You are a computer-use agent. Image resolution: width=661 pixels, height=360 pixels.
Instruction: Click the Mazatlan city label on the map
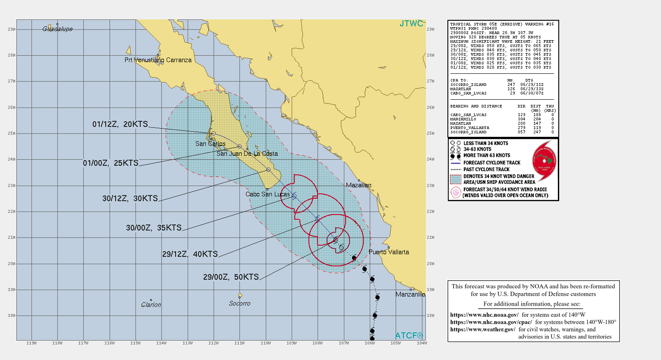click(x=359, y=185)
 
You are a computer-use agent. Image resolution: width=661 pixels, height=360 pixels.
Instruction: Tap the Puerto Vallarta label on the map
click(x=389, y=252)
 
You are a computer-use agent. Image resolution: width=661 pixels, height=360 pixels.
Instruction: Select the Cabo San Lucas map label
click(x=268, y=194)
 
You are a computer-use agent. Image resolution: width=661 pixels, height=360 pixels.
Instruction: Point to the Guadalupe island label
click(x=57, y=29)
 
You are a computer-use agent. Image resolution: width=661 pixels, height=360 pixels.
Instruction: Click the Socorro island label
click(x=239, y=303)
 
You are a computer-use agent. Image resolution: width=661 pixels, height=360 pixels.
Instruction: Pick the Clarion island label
click(x=151, y=305)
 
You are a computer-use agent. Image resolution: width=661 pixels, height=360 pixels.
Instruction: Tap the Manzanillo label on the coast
click(x=410, y=294)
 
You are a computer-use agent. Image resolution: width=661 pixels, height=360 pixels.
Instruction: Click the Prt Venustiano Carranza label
click(x=158, y=60)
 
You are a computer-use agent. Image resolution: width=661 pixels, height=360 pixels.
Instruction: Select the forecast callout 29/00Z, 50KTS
click(x=231, y=277)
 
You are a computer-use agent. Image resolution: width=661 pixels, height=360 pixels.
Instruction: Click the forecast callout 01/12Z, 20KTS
click(x=120, y=124)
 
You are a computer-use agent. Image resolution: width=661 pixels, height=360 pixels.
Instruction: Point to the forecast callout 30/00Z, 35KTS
click(x=154, y=228)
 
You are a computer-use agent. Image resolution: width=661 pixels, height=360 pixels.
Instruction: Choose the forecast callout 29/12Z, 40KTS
click(x=190, y=254)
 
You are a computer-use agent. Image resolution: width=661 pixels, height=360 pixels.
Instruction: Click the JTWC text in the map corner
click(x=411, y=24)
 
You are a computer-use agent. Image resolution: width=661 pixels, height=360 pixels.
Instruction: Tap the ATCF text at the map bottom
click(x=409, y=335)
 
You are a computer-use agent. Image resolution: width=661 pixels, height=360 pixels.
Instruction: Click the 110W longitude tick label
click(x=266, y=343)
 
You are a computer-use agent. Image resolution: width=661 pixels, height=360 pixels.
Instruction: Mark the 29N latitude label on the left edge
click(x=12, y=29)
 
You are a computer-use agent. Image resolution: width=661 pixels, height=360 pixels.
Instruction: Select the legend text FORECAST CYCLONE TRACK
click(x=492, y=163)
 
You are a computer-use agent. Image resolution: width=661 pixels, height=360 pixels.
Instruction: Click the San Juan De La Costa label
click(x=247, y=154)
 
